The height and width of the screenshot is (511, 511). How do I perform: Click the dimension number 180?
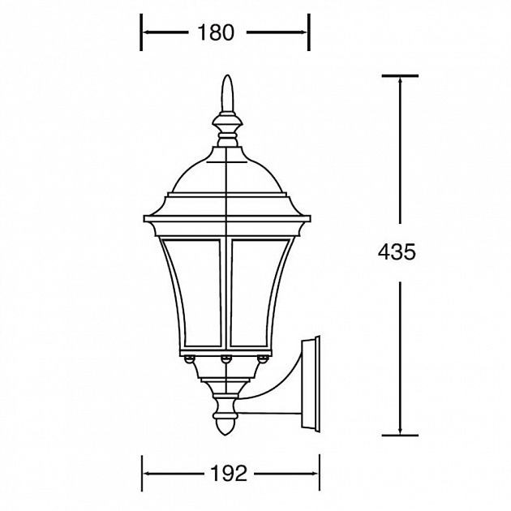coord(215,32)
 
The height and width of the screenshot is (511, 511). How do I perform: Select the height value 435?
coord(397,252)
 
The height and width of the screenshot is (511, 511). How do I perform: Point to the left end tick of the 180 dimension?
coord(143,32)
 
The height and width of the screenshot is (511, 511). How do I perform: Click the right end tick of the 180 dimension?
coord(308,32)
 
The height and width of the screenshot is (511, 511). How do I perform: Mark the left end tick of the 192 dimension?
coord(143,473)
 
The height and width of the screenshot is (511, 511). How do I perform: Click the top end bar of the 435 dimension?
coord(400,76)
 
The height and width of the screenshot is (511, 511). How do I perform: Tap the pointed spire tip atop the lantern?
coord(228,81)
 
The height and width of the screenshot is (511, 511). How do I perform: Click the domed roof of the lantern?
coord(228,170)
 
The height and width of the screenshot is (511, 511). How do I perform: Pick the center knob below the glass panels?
coord(226,358)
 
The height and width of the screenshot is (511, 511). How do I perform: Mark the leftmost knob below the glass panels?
coord(189,358)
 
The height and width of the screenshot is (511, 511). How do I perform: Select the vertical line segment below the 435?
coord(400,357)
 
